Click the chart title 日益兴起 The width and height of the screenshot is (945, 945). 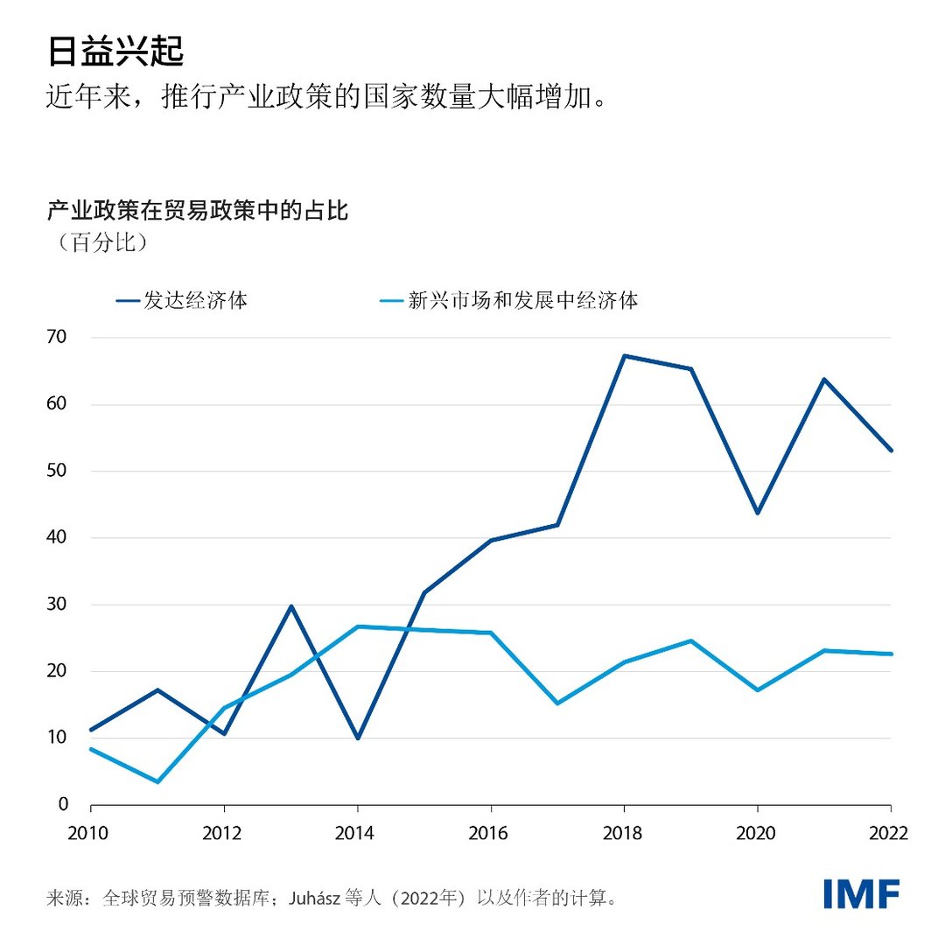click(x=115, y=52)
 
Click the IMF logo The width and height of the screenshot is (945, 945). click(x=861, y=894)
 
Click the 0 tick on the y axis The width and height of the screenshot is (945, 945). click(x=62, y=804)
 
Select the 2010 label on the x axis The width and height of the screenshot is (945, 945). click(x=90, y=833)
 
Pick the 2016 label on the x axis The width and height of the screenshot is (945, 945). click(x=491, y=833)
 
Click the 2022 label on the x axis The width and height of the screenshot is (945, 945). click(x=890, y=833)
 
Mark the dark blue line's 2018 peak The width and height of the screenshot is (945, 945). click(x=624, y=355)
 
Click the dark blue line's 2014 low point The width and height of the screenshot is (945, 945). click(x=357, y=738)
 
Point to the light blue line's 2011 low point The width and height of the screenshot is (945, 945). click(x=157, y=781)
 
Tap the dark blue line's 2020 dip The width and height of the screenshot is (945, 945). click(x=757, y=513)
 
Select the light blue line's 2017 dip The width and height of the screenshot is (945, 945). click(x=557, y=703)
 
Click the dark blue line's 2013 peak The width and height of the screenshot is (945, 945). click(x=290, y=605)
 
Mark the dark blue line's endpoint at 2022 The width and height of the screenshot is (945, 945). click(x=890, y=451)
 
